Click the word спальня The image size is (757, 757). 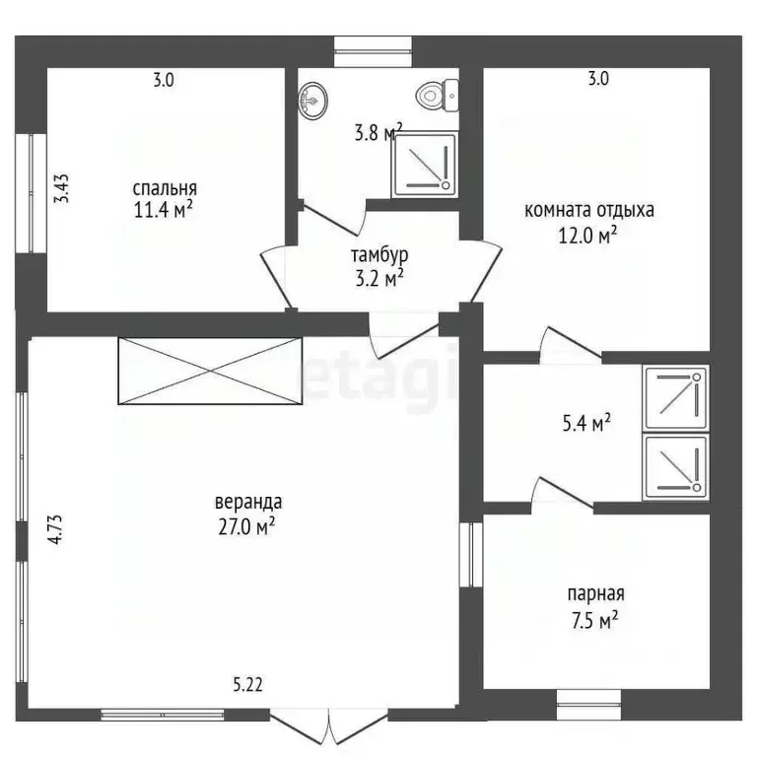165,189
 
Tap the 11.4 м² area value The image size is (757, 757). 164,210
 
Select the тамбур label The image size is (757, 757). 379,255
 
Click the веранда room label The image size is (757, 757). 248,502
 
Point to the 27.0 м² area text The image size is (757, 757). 246,526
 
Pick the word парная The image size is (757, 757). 595,594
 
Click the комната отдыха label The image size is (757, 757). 589,211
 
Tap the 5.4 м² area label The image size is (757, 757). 586,423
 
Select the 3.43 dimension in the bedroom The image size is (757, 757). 61,188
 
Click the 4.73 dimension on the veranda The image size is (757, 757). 55,529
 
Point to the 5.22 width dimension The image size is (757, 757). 247,685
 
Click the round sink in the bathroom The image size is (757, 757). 312,100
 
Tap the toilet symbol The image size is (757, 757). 437,96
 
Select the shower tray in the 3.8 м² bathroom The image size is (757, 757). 425,166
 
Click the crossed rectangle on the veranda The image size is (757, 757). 210,371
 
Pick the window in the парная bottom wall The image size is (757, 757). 589,705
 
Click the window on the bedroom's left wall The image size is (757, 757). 31,193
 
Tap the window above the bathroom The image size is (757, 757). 374,51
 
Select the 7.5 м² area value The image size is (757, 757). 594,620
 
